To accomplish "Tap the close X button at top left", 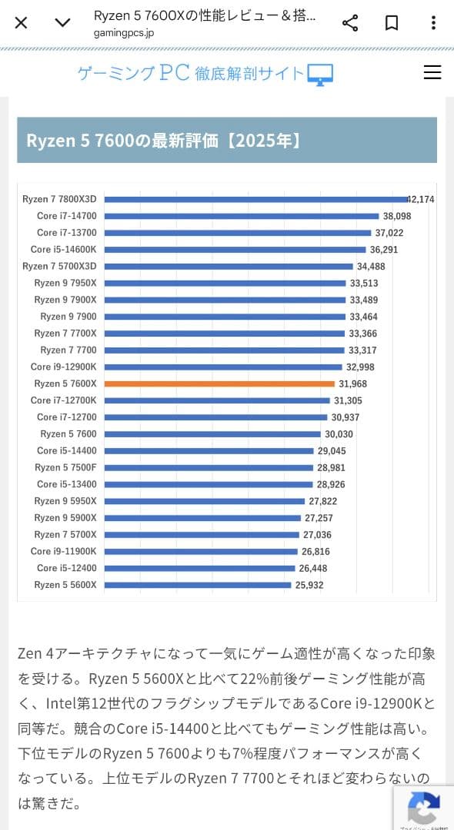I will coord(21,22).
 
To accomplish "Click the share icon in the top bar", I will coord(350,22).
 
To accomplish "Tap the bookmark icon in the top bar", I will coord(392,22).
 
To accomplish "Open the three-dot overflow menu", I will coord(433,22).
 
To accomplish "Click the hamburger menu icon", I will coord(432,72).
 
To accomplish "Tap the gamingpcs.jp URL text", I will coord(123,33).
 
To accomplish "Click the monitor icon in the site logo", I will coord(320,74).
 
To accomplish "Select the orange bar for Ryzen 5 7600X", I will coord(219,383).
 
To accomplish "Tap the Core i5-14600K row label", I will coord(64,250).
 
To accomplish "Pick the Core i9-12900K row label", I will coord(64,367).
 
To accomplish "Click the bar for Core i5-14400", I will coord(209,451).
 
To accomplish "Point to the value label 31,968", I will coord(352,383).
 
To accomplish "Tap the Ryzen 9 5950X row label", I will coord(65,501).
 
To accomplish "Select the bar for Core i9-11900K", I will coord(201,552).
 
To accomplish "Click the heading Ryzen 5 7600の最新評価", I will coord(163,141).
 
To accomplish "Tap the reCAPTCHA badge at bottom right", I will coord(423,807).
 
